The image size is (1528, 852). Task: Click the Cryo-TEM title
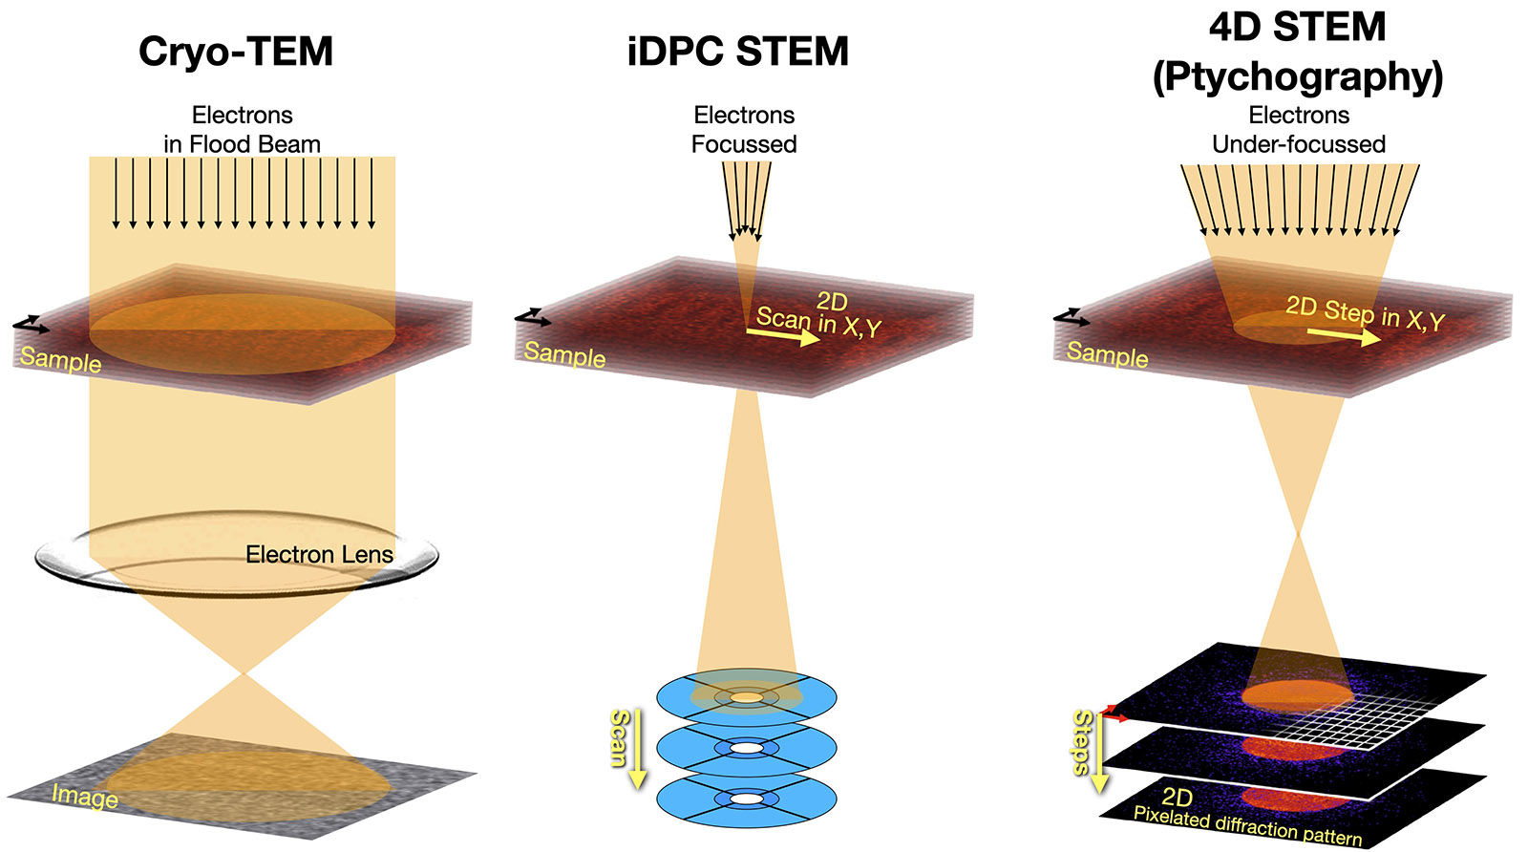coord(236,52)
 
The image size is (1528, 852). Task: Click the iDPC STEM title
coord(737,52)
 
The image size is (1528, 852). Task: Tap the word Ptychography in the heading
coord(1298,76)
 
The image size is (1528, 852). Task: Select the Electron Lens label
coord(319,555)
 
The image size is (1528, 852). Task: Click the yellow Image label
coord(85,796)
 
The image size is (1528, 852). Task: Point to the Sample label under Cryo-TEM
coord(60,360)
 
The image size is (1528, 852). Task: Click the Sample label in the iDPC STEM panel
coord(564,354)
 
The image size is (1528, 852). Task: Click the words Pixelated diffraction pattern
coord(1247,826)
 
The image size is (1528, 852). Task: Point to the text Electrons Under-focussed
coord(1299,144)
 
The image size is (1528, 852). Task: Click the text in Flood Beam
coord(242,144)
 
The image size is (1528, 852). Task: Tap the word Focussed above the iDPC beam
coord(744,144)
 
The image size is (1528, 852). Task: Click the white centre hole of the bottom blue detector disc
coord(747,799)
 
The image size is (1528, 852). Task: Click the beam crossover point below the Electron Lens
coord(244,674)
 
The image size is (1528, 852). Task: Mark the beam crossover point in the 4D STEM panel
coord(1297,536)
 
